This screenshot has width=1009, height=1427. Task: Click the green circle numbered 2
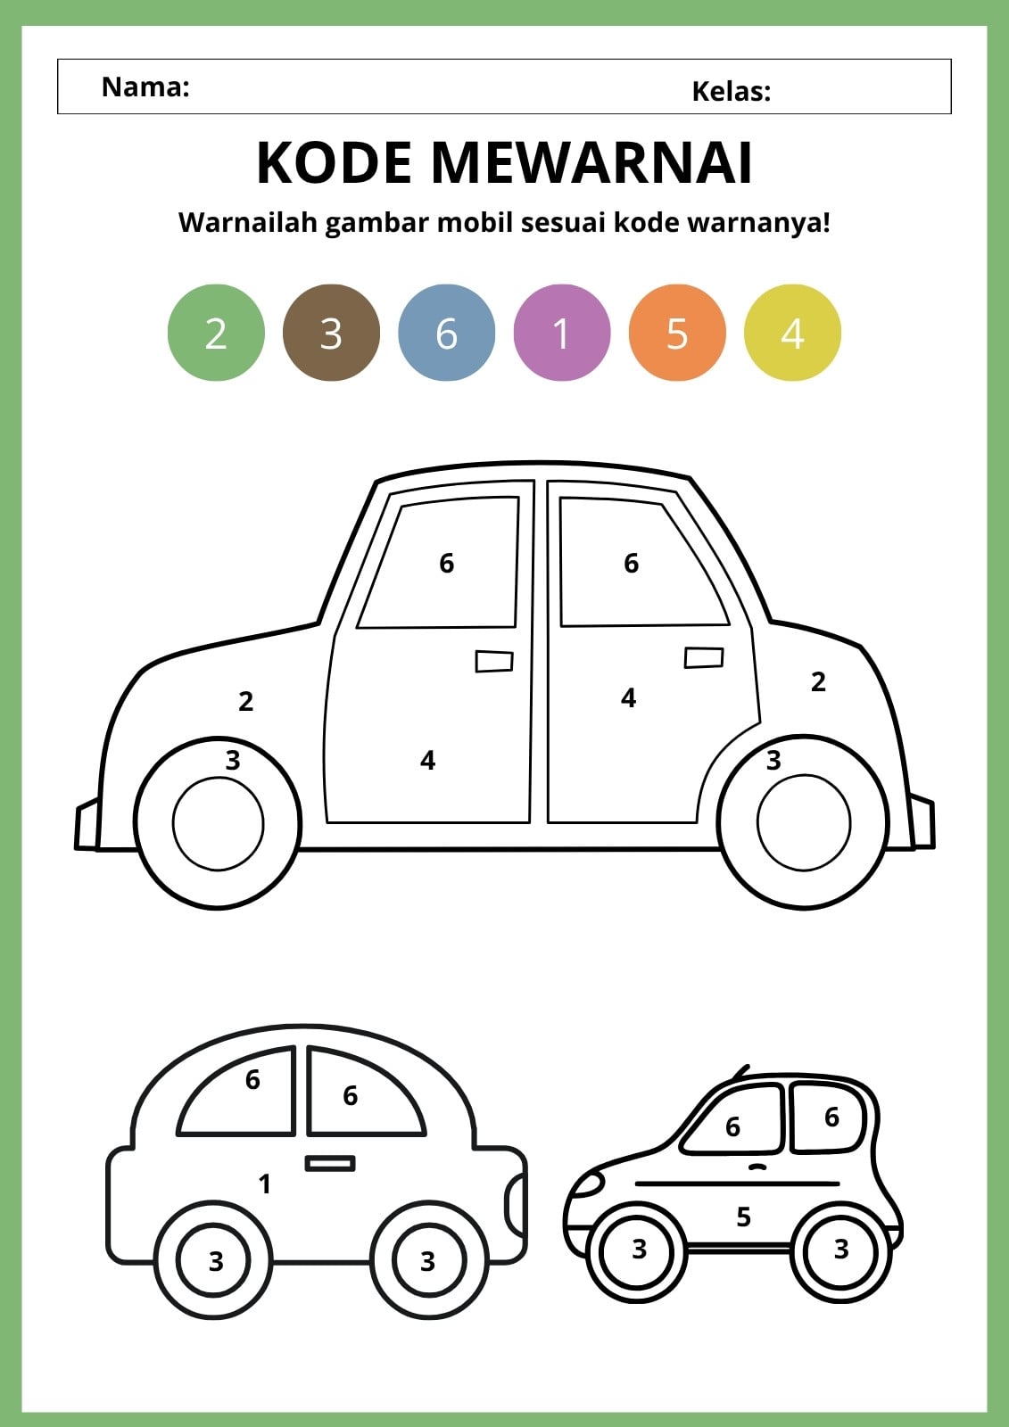[216, 333]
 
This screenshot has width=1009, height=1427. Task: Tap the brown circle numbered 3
[332, 333]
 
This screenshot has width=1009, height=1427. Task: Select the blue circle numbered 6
[447, 333]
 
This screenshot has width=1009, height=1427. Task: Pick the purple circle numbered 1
[562, 333]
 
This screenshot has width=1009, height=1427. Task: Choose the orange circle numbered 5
[677, 333]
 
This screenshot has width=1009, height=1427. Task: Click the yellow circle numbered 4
[793, 333]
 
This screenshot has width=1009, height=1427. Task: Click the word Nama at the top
[145, 87]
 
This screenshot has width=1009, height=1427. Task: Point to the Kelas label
[732, 91]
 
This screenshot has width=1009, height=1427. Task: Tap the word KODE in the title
[334, 162]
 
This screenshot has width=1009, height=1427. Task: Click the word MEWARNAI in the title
[592, 162]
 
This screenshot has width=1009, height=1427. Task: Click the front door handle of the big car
[494, 661]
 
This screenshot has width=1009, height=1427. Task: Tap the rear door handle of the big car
[704, 657]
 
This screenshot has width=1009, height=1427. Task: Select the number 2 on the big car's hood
[246, 701]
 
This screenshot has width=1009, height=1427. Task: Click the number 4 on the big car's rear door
[628, 698]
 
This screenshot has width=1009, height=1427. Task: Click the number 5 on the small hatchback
[744, 1217]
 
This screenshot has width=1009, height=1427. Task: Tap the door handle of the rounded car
[330, 1163]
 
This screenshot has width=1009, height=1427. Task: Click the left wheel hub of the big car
[218, 823]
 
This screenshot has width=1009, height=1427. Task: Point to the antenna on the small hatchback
[740, 1071]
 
